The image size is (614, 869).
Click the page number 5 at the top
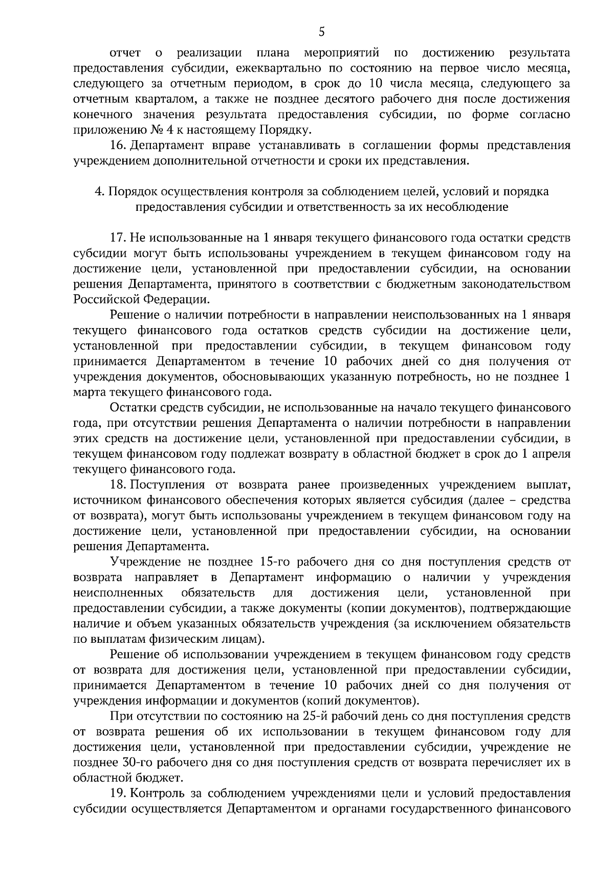tap(321, 32)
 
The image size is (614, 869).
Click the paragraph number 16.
tap(118, 145)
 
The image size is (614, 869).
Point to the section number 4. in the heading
tap(99, 191)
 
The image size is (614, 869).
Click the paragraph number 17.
tap(118, 238)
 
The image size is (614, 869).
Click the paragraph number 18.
tap(118, 485)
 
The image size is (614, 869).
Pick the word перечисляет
tap(508, 763)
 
